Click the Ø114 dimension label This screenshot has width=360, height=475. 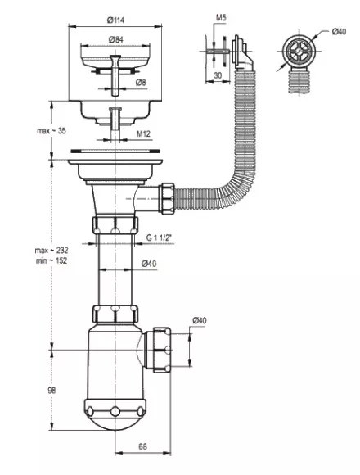tap(115, 20)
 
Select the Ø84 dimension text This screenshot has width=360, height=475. tap(115, 39)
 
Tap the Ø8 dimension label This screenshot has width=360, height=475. tap(141, 82)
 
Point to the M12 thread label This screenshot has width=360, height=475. tap(143, 133)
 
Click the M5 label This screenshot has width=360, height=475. tap(221, 17)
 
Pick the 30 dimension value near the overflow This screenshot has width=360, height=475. tap(218, 75)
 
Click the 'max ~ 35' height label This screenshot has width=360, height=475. tap(51, 131)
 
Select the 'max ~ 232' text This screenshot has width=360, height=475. tap(52, 251)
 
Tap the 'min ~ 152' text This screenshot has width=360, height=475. tap(52, 260)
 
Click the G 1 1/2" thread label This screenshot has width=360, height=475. tap(159, 237)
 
